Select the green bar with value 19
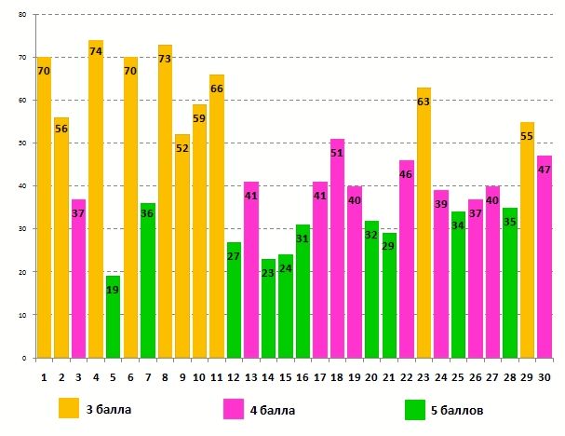[113, 317]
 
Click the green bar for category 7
[147, 280]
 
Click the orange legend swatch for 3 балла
[70, 408]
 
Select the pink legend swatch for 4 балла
[233, 408]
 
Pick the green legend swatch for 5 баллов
[417, 408]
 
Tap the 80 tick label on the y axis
[21, 15]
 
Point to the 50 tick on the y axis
[21, 143]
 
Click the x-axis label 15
[286, 376]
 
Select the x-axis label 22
[406, 376]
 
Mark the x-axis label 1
[44, 376]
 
